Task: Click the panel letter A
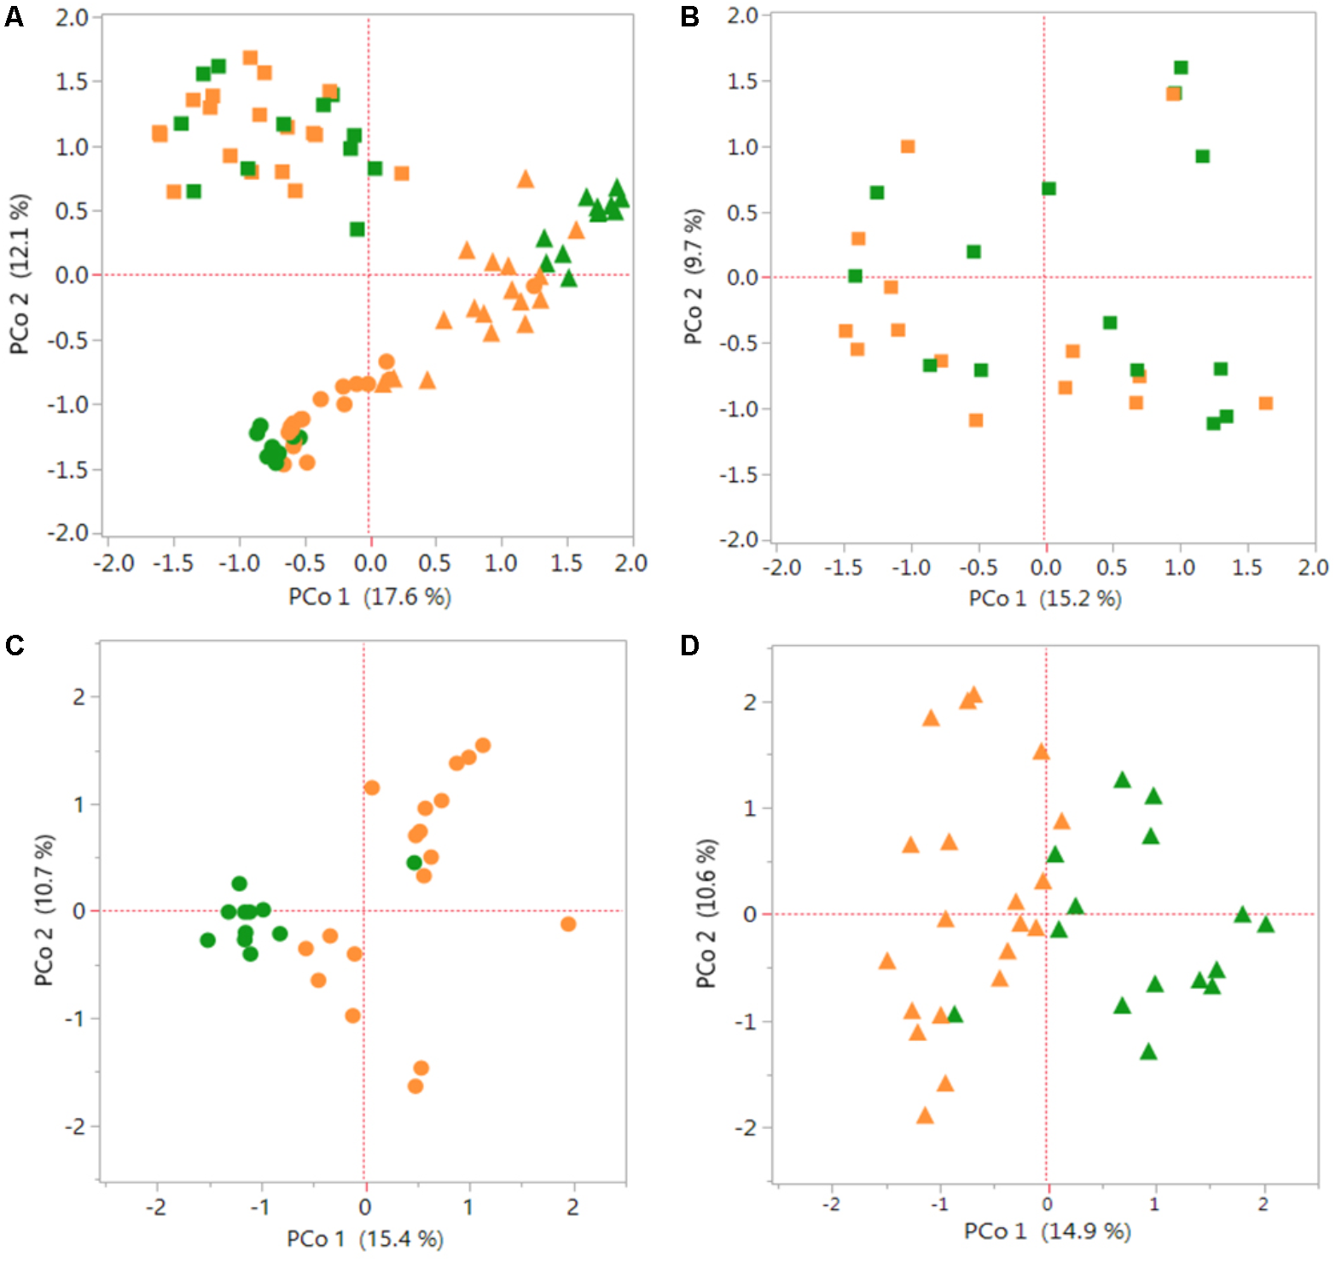pyautogui.click(x=14, y=16)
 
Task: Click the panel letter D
pyautogui.click(x=689, y=645)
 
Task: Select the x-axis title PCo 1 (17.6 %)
pyautogui.click(x=369, y=596)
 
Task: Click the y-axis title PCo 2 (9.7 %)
pyautogui.click(x=694, y=277)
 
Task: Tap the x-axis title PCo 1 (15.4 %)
pyautogui.click(x=364, y=1238)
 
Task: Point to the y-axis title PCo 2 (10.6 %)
pyautogui.click(x=706, y=914)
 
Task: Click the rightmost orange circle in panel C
pyautogui.click(x=568, y=924)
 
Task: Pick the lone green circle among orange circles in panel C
pyautogui.click(x=414, y=863)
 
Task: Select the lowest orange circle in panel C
pyautogui.click(x=415, y=1086)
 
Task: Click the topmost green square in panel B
pyautogui.click(x=1181, y=67)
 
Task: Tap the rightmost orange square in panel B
pyautogui.click(x=1266, y=403)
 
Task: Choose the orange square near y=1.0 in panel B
pyautogui.click(x=908, y=147)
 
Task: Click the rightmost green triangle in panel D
pyautogui.click(x=1265, y=925)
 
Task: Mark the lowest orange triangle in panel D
pyautogui.click(x=925, y=1116)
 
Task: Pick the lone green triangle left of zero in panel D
pyautogui.click(x=955, y=1015)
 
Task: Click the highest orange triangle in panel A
pyautogui.click(x=526, y=179)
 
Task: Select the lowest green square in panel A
pyautogui.click(x=357, y=229)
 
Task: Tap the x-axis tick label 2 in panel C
pyautogui.click(x=572, y=1207)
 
